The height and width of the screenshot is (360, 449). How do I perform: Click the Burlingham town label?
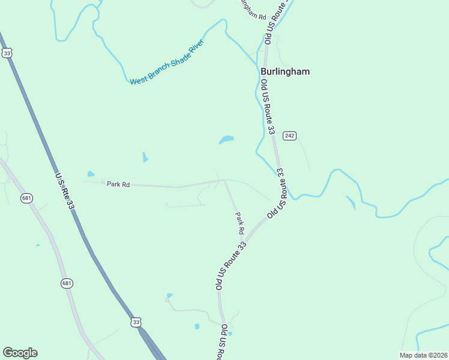pyautogui.click(x=285, y=71)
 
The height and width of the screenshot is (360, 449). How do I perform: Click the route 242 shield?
pyautogui.click(x=290, y=136)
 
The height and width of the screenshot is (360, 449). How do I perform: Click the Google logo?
pyautogui.click(x=20, y=353)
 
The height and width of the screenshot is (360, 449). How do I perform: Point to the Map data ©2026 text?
pyautogui.click(x=423, y=355)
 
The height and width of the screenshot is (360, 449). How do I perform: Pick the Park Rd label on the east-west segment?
pyautogui.click(x=118, y=185)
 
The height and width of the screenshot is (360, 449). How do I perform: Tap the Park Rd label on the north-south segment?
pyautogui.click(x=240, y=223)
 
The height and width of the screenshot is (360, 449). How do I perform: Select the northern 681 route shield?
pyautogui.click(x=26, y=198)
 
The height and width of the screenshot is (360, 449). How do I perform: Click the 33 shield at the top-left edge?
pyautogui.click(x=7, y=53)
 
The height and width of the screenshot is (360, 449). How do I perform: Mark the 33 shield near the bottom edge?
pyautogui.click(x=136, y=322)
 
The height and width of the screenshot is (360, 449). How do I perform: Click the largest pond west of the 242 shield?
pyautogui.click(x=226, y=140)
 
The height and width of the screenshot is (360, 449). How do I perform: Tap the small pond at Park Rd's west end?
pyautogui.click(x=91, y=175)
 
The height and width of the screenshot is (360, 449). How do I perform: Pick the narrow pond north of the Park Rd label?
pyautogui.click(x=145, y=157)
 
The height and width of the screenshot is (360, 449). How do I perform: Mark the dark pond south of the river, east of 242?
pyautogui.click(x=351, y=203)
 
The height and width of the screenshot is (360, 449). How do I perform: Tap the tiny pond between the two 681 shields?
pyautogui.click(x=37, y=245)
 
